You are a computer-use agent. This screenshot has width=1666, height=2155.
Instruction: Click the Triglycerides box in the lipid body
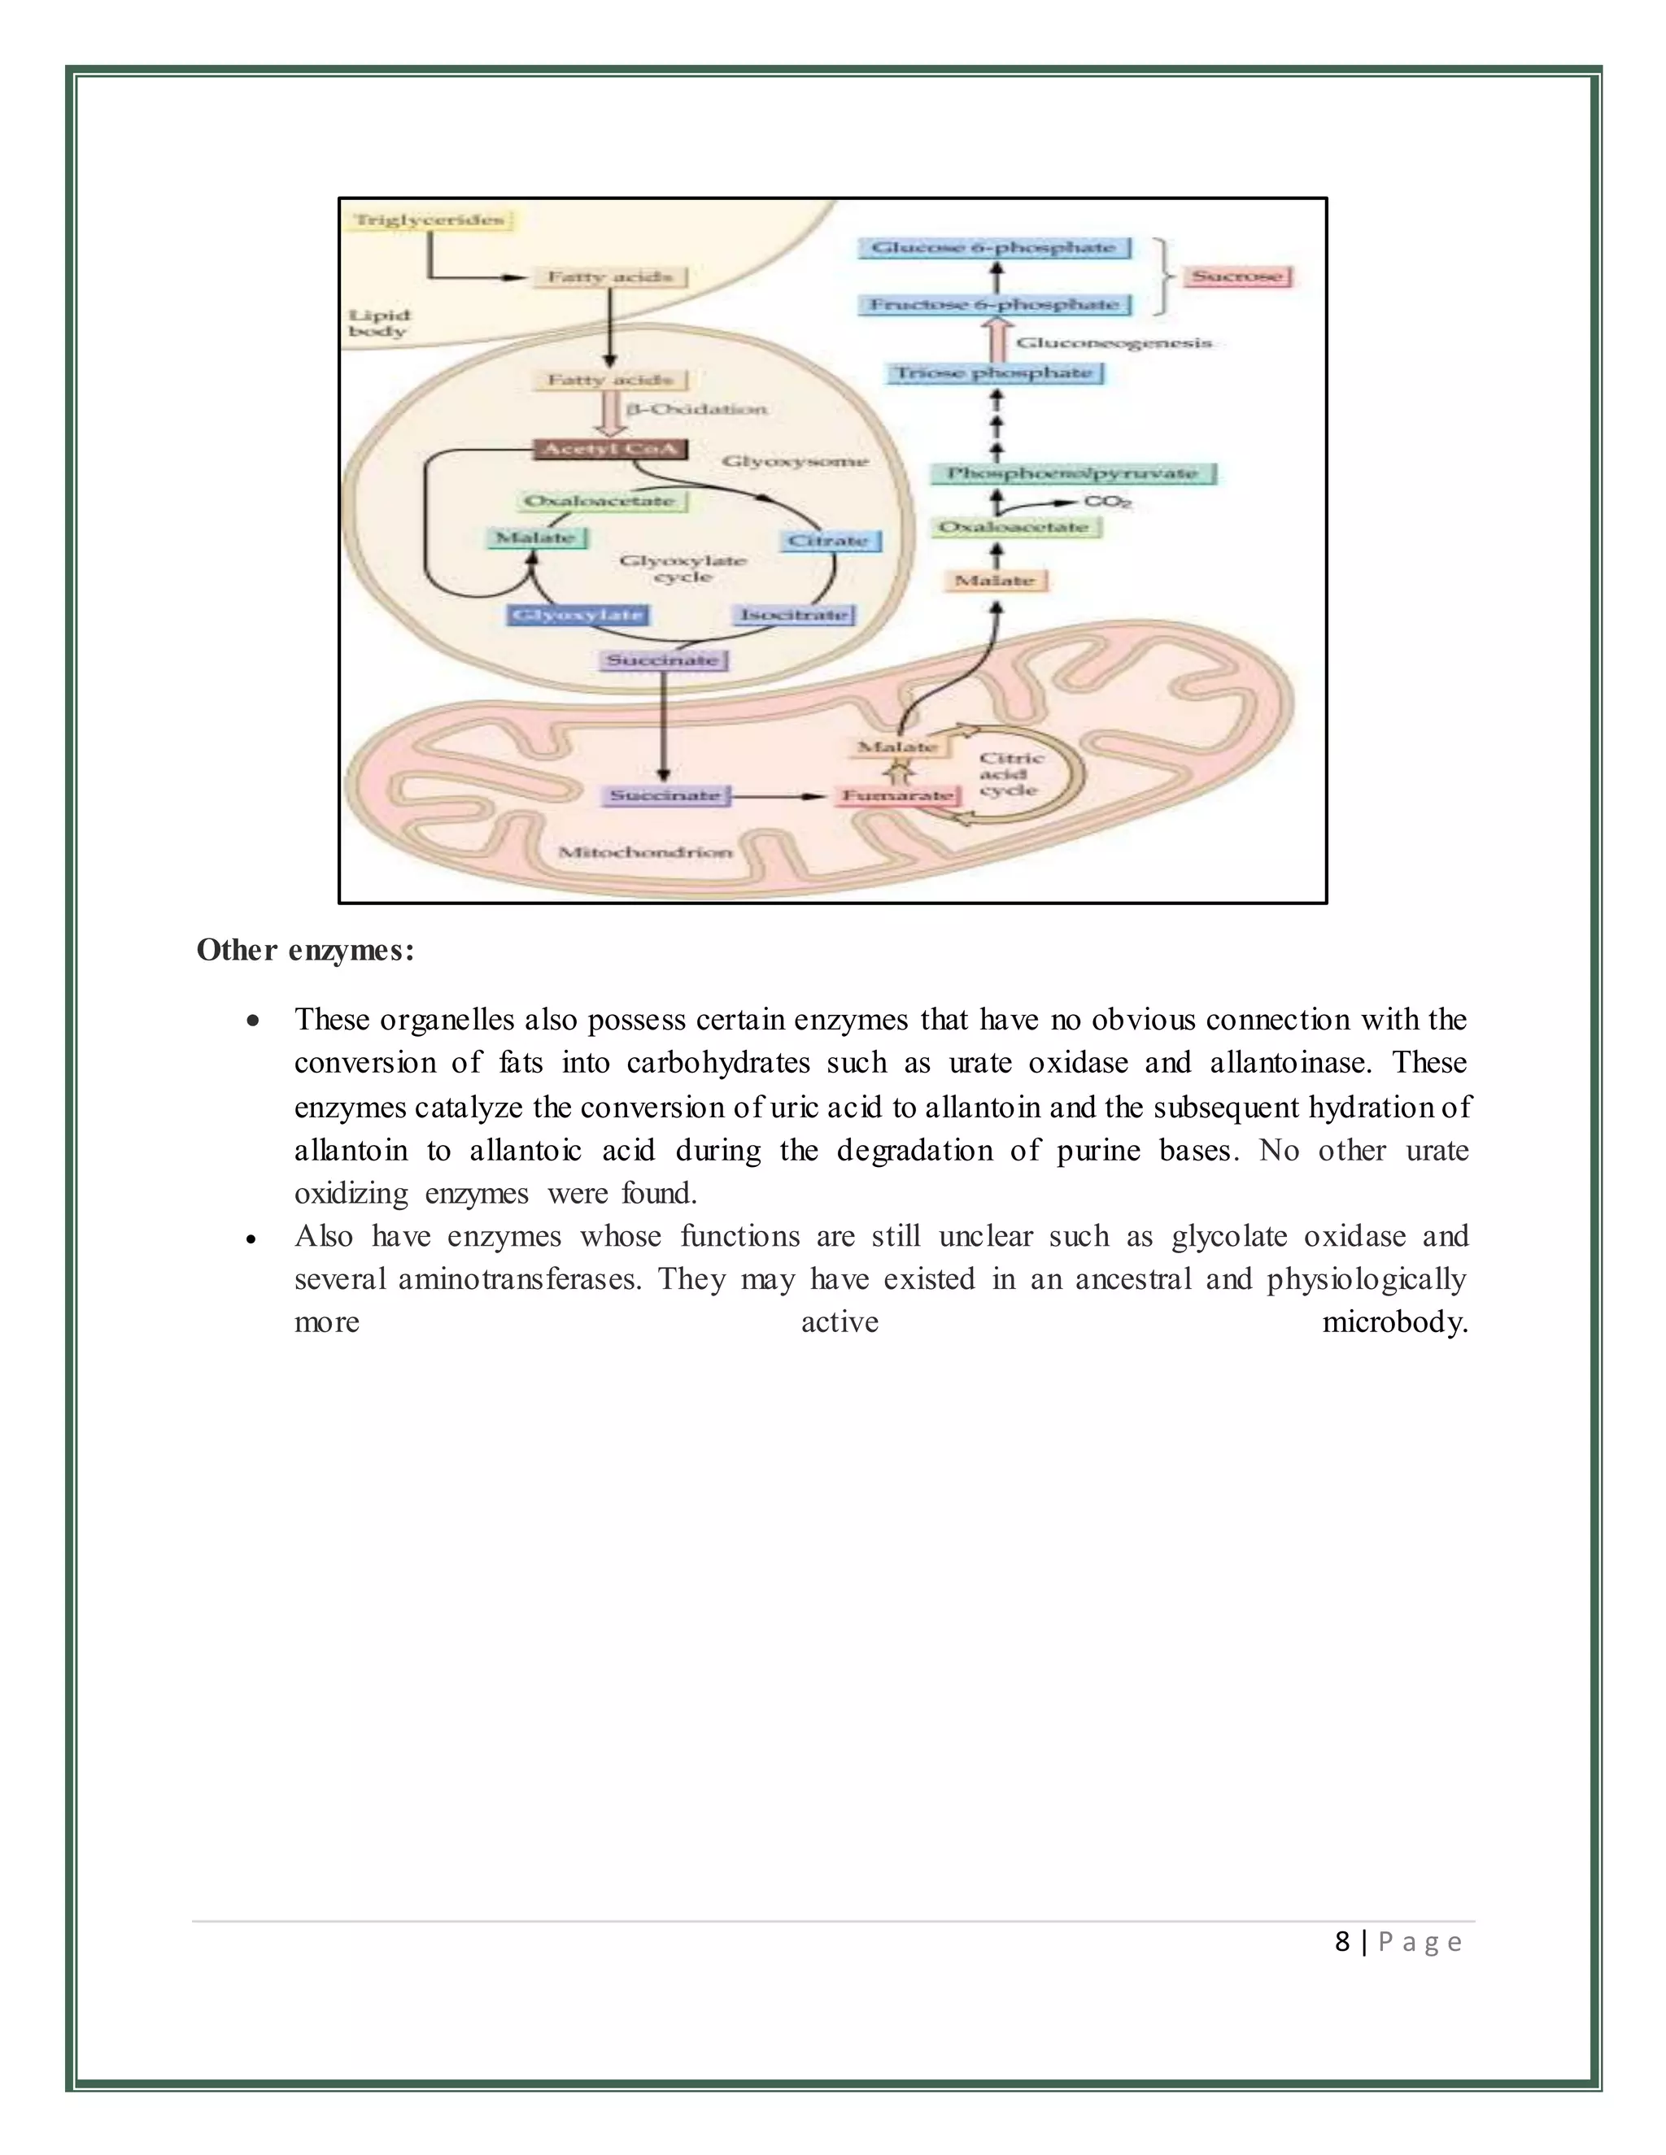pos(430,220)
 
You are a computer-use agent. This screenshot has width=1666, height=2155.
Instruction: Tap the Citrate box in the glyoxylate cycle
pos(829,541)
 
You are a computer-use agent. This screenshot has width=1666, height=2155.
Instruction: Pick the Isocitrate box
pos(795,615)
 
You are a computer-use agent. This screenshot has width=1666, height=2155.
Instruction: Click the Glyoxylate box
pos(578,615)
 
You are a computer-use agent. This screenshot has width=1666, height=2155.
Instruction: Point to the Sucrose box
pos(1236,276)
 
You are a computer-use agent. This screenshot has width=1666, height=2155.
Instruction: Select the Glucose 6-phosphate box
pos(994,248)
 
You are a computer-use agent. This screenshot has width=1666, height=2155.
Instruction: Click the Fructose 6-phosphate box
pos(994,305)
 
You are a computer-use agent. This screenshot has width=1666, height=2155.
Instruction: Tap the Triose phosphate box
pos(994,373)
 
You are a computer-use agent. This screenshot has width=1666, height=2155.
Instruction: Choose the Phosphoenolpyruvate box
pos(1073,473)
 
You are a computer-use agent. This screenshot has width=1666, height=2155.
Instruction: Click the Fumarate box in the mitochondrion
pos(897,795)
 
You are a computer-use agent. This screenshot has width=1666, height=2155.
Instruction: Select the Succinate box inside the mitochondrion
pos(665,795)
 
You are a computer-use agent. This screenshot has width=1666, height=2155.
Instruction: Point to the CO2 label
pos(1107,503)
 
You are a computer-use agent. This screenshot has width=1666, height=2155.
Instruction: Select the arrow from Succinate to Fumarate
pos(779,795)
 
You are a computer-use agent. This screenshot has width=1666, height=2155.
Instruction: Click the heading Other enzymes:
pos(305,950)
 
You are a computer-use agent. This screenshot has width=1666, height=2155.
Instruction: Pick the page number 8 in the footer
pos(1341,1942)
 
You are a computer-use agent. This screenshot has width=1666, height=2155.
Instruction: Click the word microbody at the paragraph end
pos(1394,1322)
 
